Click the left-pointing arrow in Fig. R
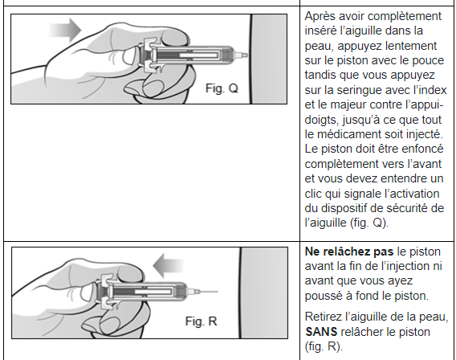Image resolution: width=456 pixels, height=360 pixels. click(169, 265)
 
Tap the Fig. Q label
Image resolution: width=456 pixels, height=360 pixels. click(222, 88)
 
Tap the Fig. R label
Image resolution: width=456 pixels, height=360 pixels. click(202, 321)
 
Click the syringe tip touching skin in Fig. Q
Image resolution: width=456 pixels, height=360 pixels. click(242, 55)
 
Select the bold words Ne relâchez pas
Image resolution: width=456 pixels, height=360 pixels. click(349, 252)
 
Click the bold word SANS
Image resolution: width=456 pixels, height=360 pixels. click(321, 332)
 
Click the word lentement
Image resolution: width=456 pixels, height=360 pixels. click(412, 46)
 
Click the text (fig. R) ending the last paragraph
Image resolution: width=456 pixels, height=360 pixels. click(324, 346)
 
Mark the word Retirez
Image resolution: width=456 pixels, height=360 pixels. click(324, 317)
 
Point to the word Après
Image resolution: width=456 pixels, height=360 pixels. click(320, 16)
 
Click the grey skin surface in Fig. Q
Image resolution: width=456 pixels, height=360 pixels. click(269, 59)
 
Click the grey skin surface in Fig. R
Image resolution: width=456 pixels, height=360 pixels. click(264, 292)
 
